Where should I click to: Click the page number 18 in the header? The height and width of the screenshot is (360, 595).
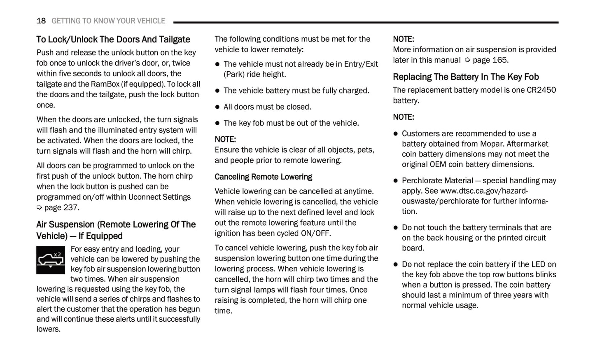pyautogui.click(x=41, y=21)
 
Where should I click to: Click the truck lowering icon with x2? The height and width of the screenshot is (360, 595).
pyautogui.click(x=51, y=260)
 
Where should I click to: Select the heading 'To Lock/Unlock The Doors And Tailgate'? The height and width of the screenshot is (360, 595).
pyautogui.click(x=113, y=40)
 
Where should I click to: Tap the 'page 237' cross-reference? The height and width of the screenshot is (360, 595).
pyautogui.click(x=61, y=208)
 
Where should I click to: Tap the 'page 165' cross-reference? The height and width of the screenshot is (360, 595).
pyautogui.click(x=490, y=60)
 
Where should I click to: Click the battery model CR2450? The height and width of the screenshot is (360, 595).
pyautogui.click(x=541, y=90)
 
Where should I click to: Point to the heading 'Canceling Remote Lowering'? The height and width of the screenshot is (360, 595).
pyautogui.click(x=263, y=177)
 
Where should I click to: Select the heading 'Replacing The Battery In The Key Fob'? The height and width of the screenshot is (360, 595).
pyautogui.click(x=466, y=77)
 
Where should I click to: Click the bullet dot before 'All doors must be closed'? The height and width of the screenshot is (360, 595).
pyautogui.click(x=217, y=107)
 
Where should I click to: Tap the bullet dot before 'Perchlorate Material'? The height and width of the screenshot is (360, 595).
pyautogui.click(x=396, y=181)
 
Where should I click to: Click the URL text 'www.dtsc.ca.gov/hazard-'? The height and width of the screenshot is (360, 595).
pyautogui.click(x=484, y=191)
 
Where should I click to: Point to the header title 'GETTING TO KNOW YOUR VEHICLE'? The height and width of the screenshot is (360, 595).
pyautogui.click(x=108, y=21)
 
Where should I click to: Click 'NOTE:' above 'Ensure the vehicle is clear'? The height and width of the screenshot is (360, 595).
pyautogui.click(x=225, y=140)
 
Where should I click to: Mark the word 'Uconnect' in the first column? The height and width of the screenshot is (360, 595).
pyautogui.click(x=145, y=197)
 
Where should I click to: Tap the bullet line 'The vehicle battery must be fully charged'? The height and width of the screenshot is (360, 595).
pyautogui.click(x=296, y=91)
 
